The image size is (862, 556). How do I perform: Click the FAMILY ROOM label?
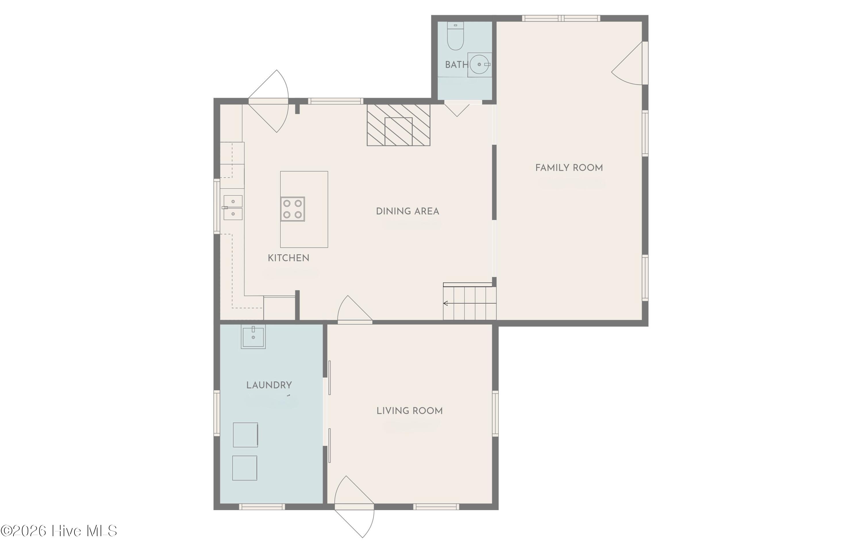[569, 168]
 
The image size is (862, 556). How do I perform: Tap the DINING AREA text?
[407, 211]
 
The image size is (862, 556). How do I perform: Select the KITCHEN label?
[288, 258]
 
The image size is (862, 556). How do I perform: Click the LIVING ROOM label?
[409, 411]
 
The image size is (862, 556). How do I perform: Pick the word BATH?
[457, 65]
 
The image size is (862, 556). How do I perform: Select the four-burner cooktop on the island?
[293, 209]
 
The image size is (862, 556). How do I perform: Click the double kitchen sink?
[232, 207]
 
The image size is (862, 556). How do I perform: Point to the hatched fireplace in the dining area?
[399, 125]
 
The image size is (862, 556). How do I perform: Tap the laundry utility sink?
[253, 336]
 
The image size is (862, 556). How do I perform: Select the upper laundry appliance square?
[245, 435]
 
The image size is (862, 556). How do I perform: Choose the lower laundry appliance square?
[245, 468]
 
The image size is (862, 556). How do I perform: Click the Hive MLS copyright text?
[59, 531]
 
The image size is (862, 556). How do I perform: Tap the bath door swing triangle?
[457, 110]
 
